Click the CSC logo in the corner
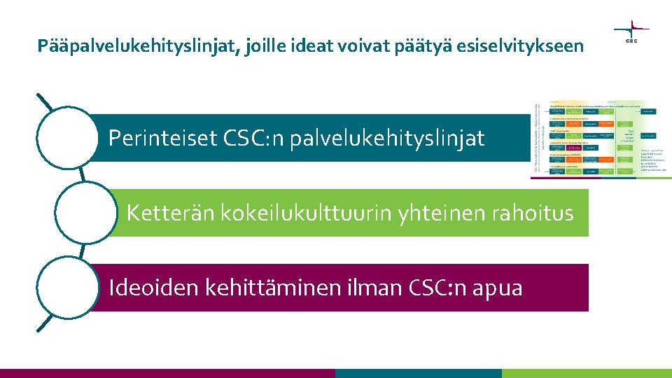[x=631, y=31]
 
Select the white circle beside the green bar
[x=85, y=213]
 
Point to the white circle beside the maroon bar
[x=66, y=288]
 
